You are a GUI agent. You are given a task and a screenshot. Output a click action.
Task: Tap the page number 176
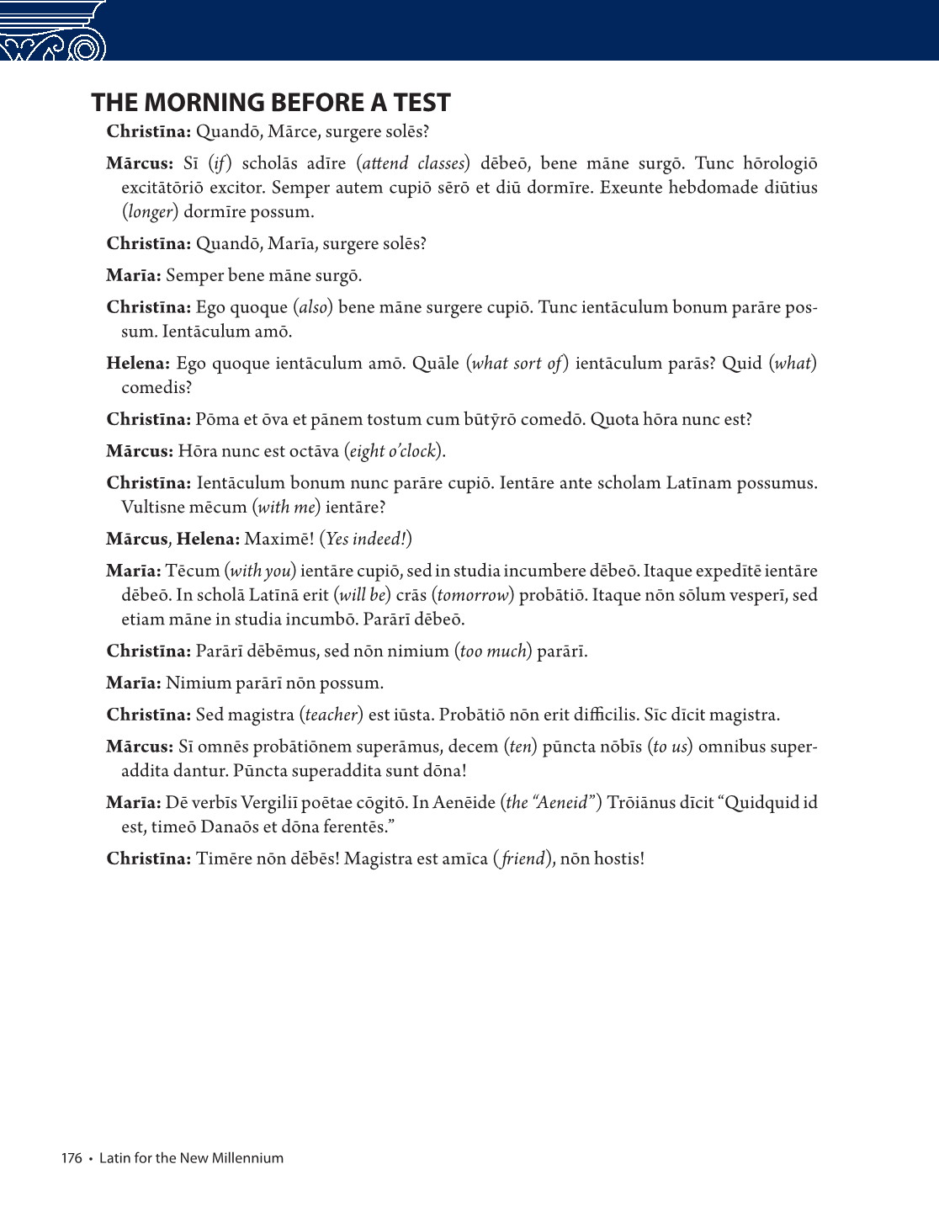[72, 1158]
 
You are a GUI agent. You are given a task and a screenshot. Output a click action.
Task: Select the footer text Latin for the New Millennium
[191, 1158]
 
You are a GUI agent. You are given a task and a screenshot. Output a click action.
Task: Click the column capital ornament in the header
[54, 32]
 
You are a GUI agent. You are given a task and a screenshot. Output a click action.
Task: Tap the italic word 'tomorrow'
[474, 595]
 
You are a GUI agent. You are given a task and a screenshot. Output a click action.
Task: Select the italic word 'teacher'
[332, 715]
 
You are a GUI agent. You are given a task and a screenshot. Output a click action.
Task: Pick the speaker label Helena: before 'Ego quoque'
[138, 364]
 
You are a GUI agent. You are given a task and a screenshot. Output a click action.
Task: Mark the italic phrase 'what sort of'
[516, 364]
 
